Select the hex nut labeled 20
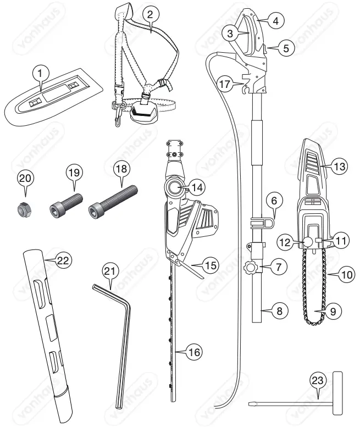pos(25,209)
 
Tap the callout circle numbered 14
pos(197,187)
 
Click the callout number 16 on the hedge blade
pos(194,352)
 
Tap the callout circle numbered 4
pos(275,21)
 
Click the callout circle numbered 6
pos(274,201)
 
